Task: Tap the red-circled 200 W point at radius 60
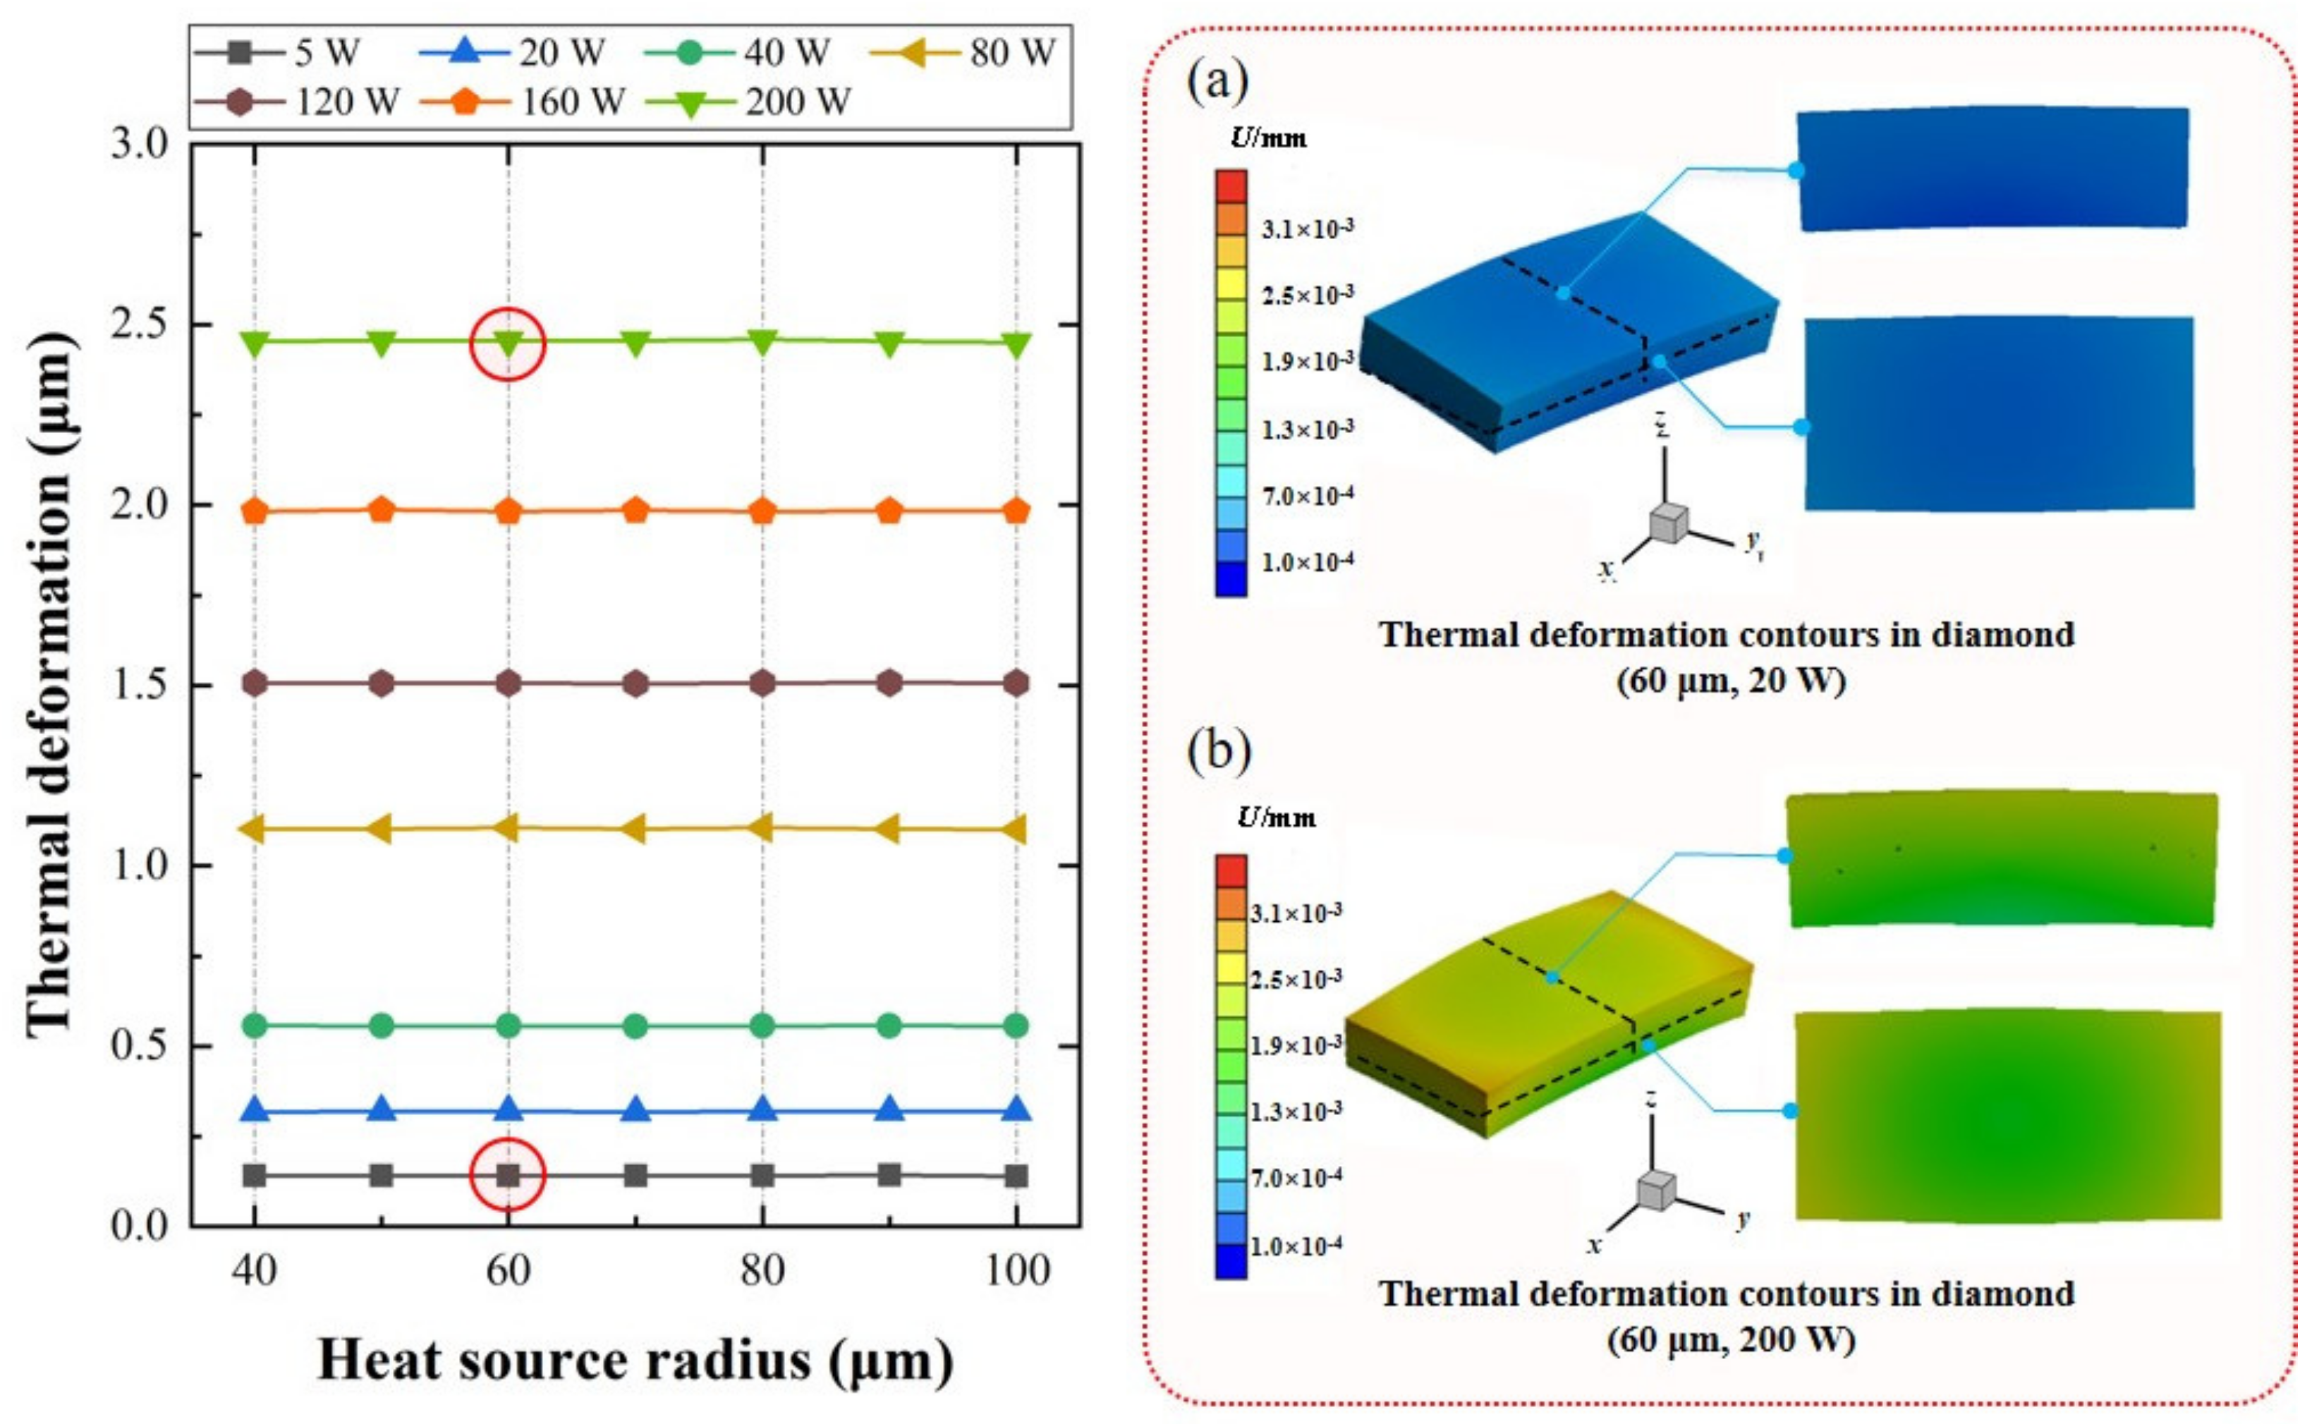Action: click(x=508, y=343)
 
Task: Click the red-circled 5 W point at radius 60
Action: click(x=508, y=1174)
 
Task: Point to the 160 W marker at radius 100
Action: click(x=1016, y=511)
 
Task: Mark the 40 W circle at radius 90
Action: click(x=889, y=1026)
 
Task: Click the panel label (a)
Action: click(x=1217, y=83)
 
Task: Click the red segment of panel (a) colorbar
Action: click(x=1231, y=186)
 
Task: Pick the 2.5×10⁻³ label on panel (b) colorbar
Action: click(x=1296, y=980)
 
